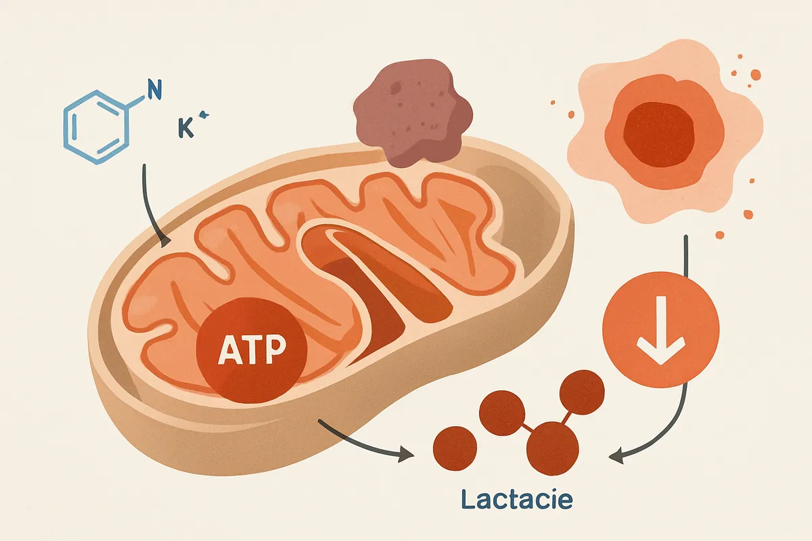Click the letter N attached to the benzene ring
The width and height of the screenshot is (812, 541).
pyautogui.click(x=154, y=89)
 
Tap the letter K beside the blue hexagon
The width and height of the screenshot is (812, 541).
pyautogui.click(x=186, y=128)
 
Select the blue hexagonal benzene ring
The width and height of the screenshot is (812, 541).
pyautogui.click(x=96, y=127)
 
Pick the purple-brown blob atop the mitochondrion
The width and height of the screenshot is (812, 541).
pyautogui.click(x=412, y=113)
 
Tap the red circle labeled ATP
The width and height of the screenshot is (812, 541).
pyautogui.click(x=252, y=350)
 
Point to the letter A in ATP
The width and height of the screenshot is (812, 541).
pyautogui.click(x=229, y=350)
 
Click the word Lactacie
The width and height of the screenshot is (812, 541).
pyautogui.click(x=517, y=500)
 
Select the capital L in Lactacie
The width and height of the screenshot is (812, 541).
pyautogui.click(x=468, y=499)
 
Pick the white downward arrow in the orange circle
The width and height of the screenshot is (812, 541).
pyautogui.click(x=661, y=330)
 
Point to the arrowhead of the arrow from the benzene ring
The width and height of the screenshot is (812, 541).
pyautogui.click(x=165, y=242)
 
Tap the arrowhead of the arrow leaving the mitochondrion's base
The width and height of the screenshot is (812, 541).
pyautogui.click(x=407, y=454)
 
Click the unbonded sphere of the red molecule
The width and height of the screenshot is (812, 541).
pyautogui.click(x=455, y=448)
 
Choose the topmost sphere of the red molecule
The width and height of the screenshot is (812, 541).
pyautogui.click(x=582, y=392)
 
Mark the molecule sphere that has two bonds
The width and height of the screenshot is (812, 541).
pyautogui.click(x=552, y=448)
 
